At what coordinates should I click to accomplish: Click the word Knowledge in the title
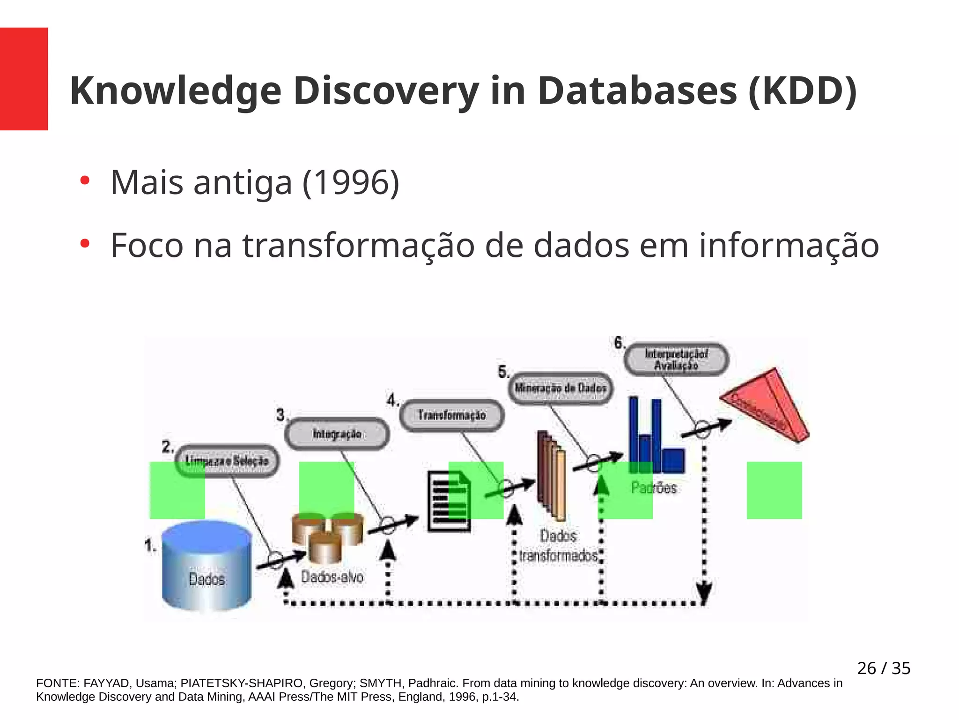tap(175, 91)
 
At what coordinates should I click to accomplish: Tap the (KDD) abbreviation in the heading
tap(803, 91)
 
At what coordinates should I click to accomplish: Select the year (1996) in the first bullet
tap(351, 182)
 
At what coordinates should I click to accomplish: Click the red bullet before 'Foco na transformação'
tap(85, 243)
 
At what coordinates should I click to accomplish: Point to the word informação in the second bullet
tap(789, 245)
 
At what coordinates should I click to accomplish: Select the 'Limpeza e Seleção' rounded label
tap(227, 461)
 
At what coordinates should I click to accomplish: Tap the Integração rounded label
tap(337, 434)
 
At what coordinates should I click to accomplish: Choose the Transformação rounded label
tap(451, 415)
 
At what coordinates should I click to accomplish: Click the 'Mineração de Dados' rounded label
tap(560, 388)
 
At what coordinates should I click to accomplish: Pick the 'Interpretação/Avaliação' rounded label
tap(676, 360)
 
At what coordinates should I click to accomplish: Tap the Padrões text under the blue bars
tap(654, 488)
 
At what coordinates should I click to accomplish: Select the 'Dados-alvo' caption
tap(332, 577)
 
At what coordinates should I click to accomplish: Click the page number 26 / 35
tap(883, 668)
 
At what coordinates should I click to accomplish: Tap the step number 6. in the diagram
tap(619, 343)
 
